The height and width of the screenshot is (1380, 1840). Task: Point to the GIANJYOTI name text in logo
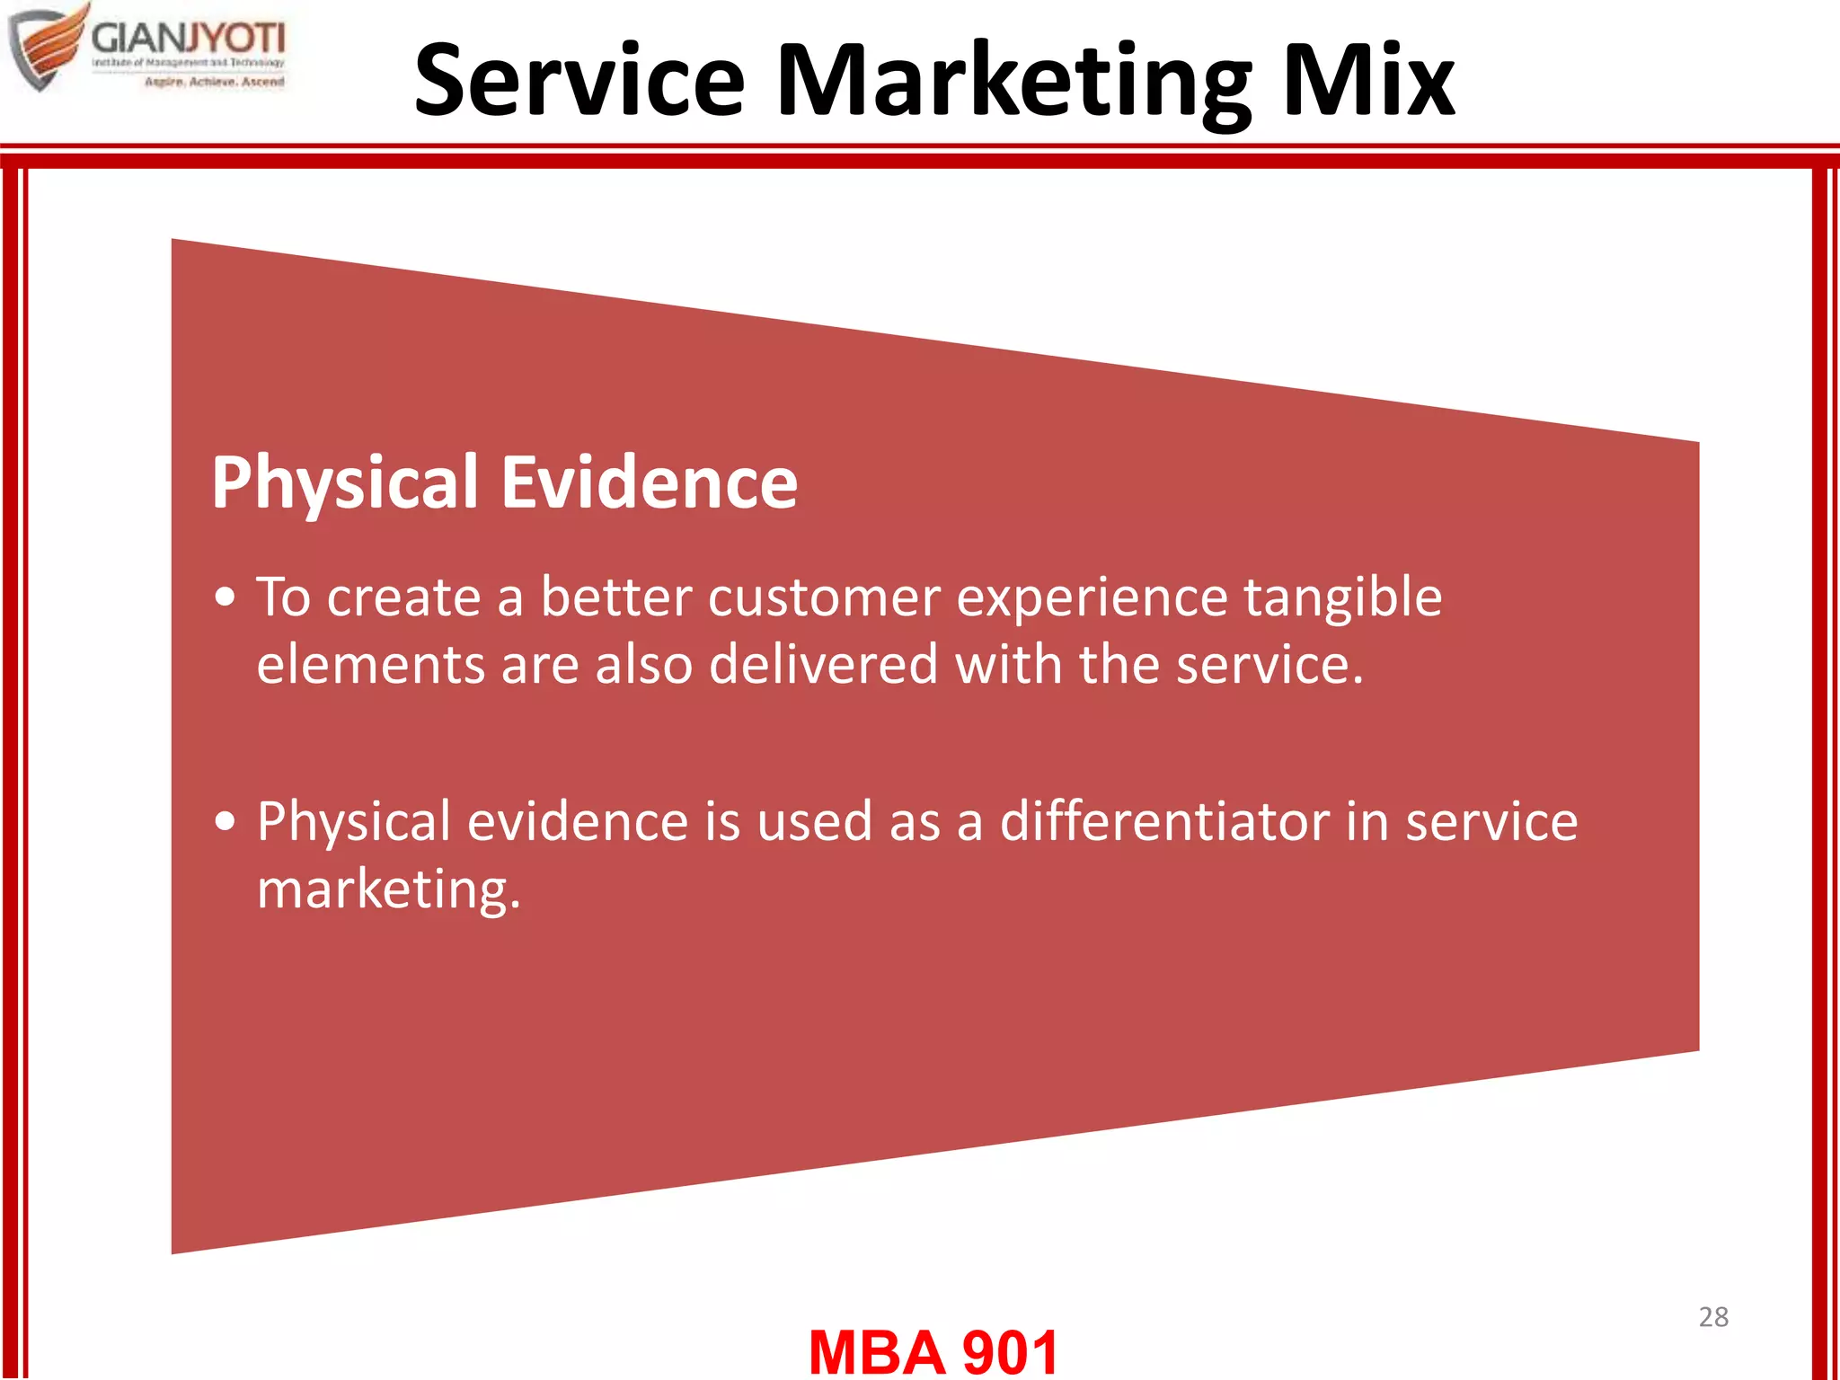pos(188,39)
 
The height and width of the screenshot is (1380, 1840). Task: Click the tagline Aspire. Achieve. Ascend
pos(214,82)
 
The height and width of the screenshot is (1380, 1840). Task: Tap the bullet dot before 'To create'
pos(226,597)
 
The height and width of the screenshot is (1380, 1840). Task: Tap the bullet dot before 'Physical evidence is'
pos(226,821)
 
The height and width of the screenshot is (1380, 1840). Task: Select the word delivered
pos(823,665)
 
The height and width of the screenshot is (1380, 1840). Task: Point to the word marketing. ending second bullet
pos(388,890)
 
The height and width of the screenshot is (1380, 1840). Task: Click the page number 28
pos(1712,1317)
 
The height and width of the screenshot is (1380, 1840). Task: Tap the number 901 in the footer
pos(1010,1352)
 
